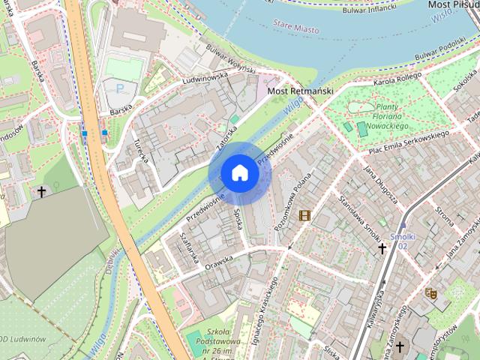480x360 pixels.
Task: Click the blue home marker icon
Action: click(239, 172)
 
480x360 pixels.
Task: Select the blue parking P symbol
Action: click(120, 88)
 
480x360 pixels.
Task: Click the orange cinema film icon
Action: click(304, 216)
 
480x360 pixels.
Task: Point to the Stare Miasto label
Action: click(295, 28)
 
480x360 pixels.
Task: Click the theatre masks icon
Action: click(430, 294)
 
